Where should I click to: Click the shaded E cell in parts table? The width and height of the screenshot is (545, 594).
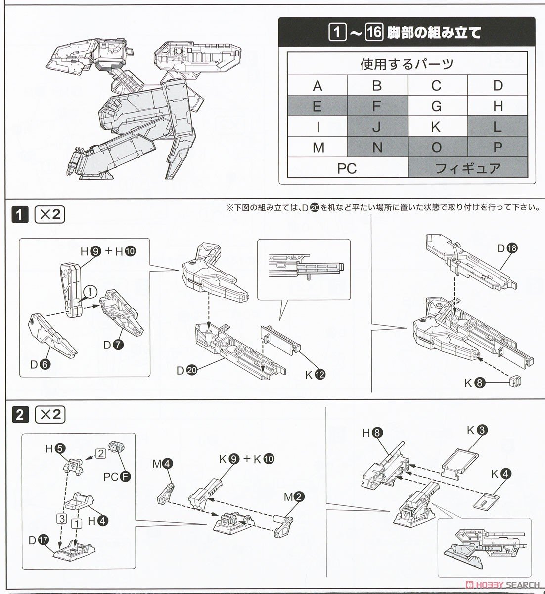coord(318,106)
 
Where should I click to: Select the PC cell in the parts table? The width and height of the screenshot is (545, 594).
coord(347,168)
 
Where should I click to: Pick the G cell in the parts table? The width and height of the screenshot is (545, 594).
coord(436,106)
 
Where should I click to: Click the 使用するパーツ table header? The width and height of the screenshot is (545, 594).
coord(407,64)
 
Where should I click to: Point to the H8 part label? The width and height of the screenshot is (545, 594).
coord(371,434)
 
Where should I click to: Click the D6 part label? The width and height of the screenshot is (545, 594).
coord(38,365)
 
